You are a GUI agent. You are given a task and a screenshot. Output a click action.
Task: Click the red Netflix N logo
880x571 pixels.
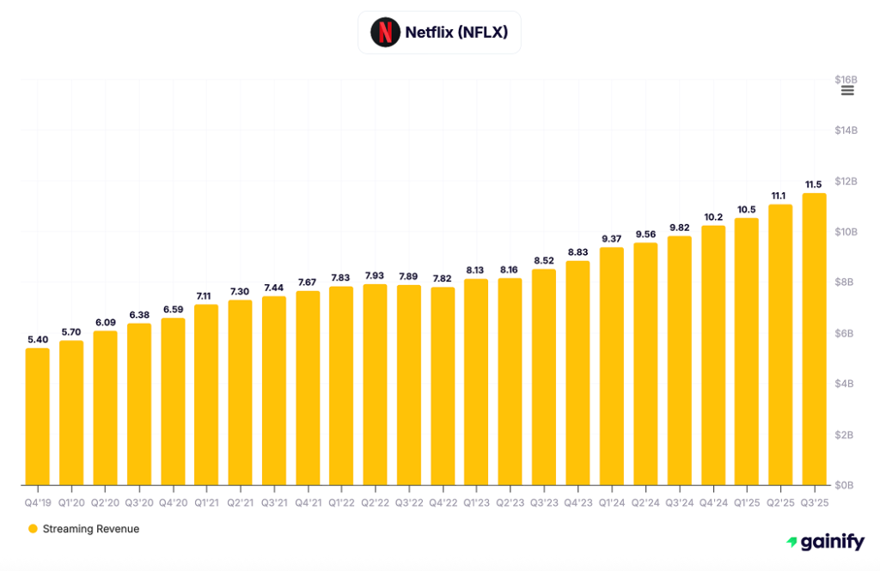coord(385,33)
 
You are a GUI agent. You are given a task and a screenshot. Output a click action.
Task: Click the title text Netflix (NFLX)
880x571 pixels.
coord(456,33)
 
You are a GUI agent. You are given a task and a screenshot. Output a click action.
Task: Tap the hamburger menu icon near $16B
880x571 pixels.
coord(847,90)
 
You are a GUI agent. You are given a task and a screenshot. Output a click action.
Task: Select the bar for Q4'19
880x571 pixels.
coord(37,416)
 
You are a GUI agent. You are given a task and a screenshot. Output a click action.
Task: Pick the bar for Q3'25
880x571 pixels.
coord(814,339)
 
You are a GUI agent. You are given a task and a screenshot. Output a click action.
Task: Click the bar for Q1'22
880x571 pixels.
coord(341,386)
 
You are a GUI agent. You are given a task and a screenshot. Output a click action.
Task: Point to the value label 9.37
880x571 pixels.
coord(612,239)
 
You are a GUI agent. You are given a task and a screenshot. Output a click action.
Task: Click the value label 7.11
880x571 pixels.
coord(206,295)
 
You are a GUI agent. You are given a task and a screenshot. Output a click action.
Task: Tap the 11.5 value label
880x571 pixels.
coord(814,185)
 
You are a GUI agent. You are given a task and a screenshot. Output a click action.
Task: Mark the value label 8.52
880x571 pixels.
coord(544,260)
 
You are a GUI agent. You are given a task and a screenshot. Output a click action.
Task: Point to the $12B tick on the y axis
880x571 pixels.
coord(846,181)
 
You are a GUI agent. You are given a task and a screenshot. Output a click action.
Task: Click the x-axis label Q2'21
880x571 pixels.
coord(240,501)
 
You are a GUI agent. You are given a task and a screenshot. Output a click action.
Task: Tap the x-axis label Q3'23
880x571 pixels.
coord(544,501)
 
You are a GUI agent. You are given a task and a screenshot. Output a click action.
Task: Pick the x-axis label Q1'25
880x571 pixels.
coord(747,501)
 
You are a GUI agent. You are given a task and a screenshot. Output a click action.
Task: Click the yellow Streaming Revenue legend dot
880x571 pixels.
coord(33,529)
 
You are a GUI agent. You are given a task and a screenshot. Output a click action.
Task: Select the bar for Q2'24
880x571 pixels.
coord(645,364)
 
